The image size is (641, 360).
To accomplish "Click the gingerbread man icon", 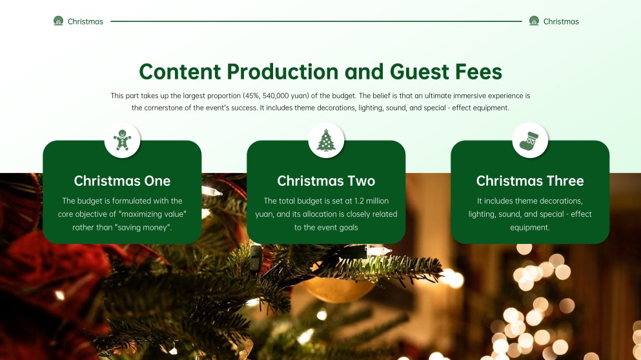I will pos(122,140).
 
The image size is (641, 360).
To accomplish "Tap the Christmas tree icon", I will pos(326,140).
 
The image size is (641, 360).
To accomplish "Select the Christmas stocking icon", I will pos(530,140).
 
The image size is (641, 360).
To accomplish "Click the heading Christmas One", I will pos(122,181).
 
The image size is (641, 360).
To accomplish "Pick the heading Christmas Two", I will pos(326,181).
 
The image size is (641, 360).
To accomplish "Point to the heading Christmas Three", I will pos(530,181).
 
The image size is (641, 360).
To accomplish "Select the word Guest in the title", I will pos(415,72).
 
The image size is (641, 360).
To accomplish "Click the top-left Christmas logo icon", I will pos(58,21).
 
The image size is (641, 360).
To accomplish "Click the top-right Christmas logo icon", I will pos(534,21).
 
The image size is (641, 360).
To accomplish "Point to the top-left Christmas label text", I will pos(85,21).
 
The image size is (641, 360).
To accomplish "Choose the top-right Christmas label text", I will pos(561,21).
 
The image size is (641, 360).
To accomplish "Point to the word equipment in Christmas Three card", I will pos(530,227).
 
